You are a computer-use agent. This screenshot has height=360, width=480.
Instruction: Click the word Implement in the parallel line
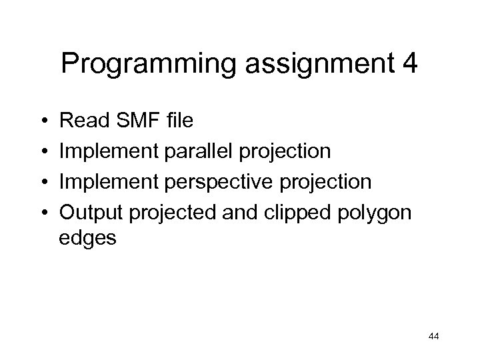point(105,151)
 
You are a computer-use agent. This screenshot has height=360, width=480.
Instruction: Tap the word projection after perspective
point(329,181)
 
